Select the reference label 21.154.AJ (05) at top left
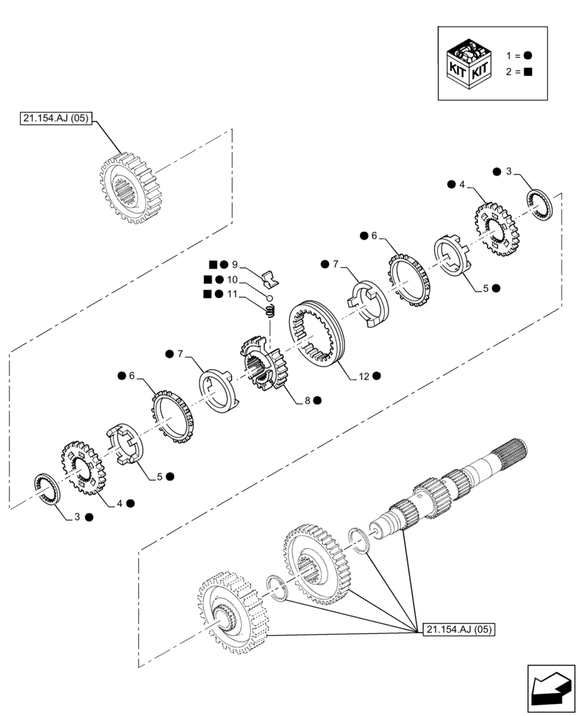pyautogui.click(x=54, y=120)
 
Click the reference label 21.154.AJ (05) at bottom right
pyautogui.click(x=459, y=629)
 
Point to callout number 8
pyautogui.click(x=307, y=401)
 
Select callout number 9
pyautogui.click(x=235, y=263)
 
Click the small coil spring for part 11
pyautogui.click(x=270, y=311)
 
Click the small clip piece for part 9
pyautogui.click(x=269, y=277)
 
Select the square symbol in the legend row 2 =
pyautogui.click(x=527, y=71)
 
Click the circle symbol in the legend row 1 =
pyautogui.click(x=527, y=55)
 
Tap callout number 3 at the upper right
pyautogui.click(x=509, y=171)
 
